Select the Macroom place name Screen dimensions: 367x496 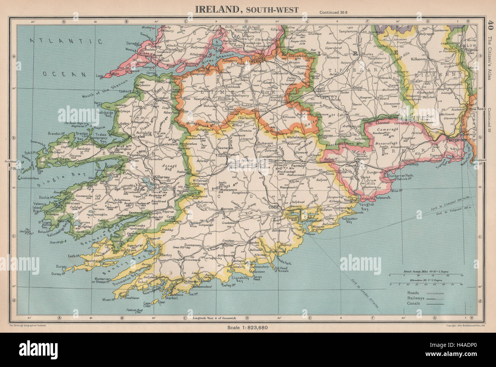click(226, 209)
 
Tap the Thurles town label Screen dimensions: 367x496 click(367, 54)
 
